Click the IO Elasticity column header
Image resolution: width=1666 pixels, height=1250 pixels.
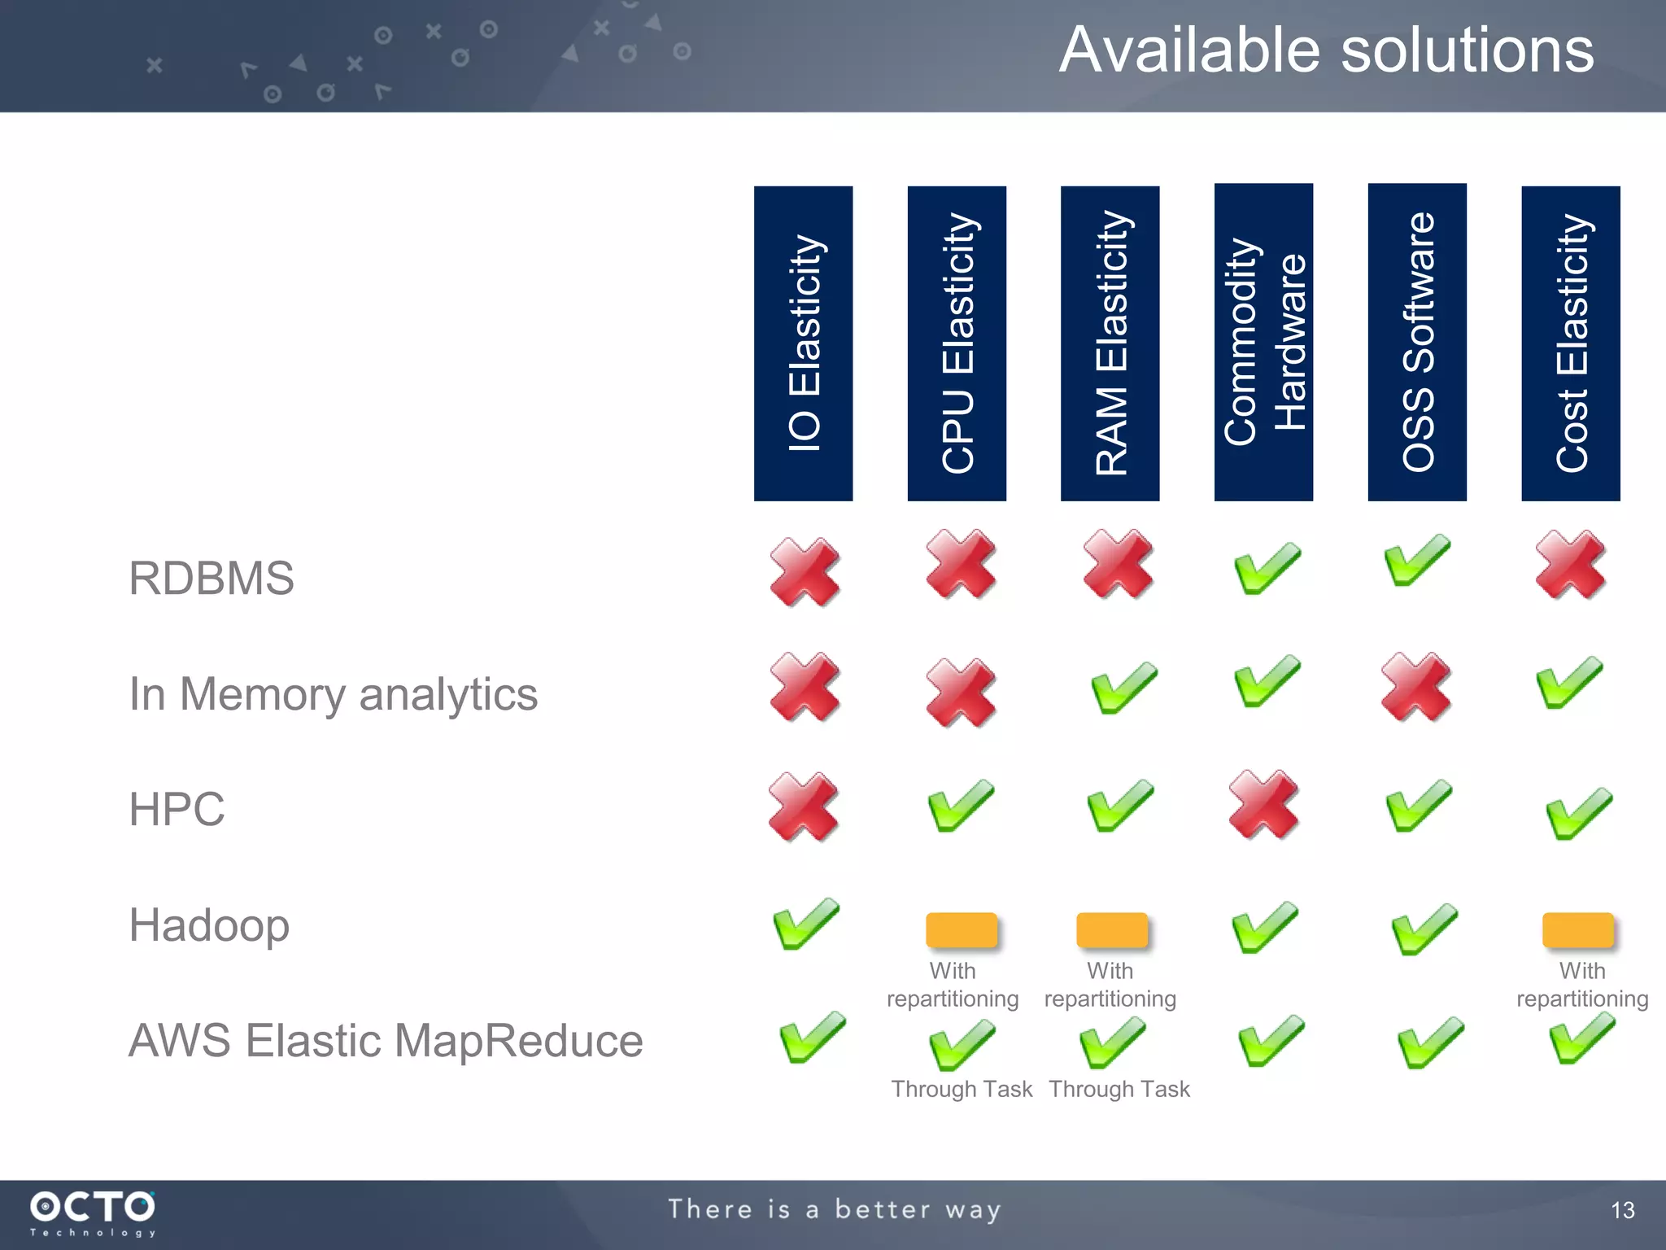pos(803,343)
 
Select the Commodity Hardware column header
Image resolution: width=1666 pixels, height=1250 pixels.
pos(1263,342)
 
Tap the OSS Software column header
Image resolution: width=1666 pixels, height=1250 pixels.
pos(1417,342)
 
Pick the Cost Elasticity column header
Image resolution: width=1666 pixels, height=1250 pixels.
pos(1570,343)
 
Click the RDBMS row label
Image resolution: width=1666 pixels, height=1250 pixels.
pos(212,579)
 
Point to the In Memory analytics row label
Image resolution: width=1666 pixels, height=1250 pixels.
pos(334,694)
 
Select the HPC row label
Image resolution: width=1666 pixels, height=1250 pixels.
pos(177,810)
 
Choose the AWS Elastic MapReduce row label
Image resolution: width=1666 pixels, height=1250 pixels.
pos(386,1041)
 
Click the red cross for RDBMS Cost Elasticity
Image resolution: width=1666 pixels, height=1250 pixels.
pos(1570,566)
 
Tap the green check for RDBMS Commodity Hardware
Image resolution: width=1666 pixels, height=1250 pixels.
pos(1267,568)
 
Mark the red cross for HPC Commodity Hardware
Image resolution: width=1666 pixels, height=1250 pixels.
pos(1263,804)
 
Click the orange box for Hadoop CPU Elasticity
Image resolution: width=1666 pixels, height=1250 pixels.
pos(962,930)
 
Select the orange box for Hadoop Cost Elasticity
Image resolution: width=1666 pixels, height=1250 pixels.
pos(1577,930)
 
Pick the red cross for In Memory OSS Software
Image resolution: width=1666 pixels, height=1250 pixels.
pos(1416,686)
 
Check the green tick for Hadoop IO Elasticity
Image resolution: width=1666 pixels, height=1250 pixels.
pos(805,924)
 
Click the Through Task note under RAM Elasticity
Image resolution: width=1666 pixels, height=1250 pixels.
pos(1119,1089)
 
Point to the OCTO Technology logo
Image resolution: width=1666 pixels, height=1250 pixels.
pos(93,1213)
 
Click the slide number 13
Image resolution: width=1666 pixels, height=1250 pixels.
pos(1622,1210)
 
